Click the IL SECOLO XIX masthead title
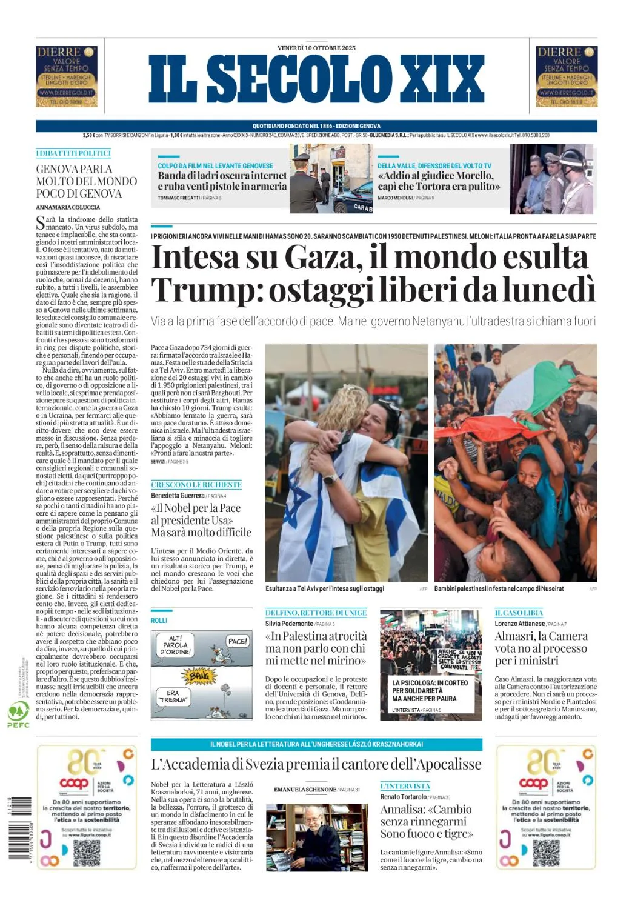pos(316,79)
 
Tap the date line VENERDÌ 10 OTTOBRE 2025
pos(316,48)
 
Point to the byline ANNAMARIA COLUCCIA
pos(68,207)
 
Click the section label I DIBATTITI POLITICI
pos(73,153)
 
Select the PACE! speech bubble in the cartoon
pos(237,641)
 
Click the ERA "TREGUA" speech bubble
pos(173,696)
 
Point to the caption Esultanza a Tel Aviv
pos(324,588)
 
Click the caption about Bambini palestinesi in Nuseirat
pos(499,588)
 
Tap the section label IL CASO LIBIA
pos(519,613)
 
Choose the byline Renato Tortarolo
pos(403,797)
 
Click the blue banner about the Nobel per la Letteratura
pos(316,744)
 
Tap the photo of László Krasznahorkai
pos(317,837)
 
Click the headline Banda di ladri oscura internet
pos(222,181)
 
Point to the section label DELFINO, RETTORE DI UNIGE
pos(316,613)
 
